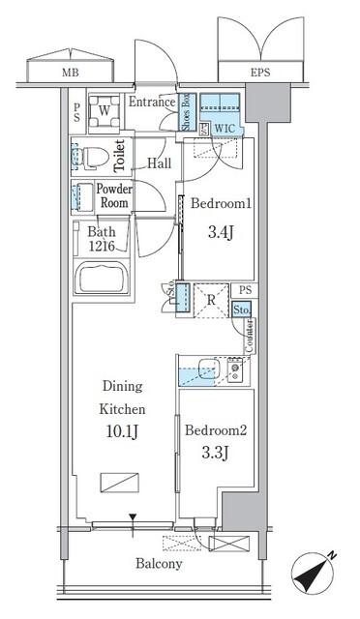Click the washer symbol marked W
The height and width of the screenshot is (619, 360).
coord(102,110)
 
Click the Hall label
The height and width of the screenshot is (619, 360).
coord(159,164)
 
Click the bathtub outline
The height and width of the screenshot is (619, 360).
coord(106,281)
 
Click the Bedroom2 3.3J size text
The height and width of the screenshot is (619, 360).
coord(218,452)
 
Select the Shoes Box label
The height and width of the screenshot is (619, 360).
coord(186,112)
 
